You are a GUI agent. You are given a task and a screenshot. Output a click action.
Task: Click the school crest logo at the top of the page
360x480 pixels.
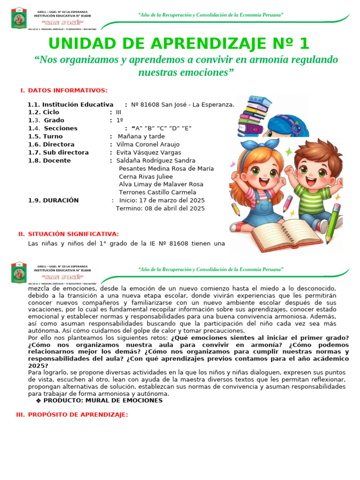click(x=19, y=18)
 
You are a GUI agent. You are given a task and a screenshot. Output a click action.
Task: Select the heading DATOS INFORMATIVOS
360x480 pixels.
click(x=67, y=90)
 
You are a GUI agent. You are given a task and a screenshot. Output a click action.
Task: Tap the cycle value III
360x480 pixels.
click(x=119, y=112)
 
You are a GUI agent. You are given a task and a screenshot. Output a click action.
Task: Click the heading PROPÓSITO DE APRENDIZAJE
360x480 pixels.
click(x=78, y=415)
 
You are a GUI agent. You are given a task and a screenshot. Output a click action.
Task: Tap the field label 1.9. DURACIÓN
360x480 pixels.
click(x=53, y=200)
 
